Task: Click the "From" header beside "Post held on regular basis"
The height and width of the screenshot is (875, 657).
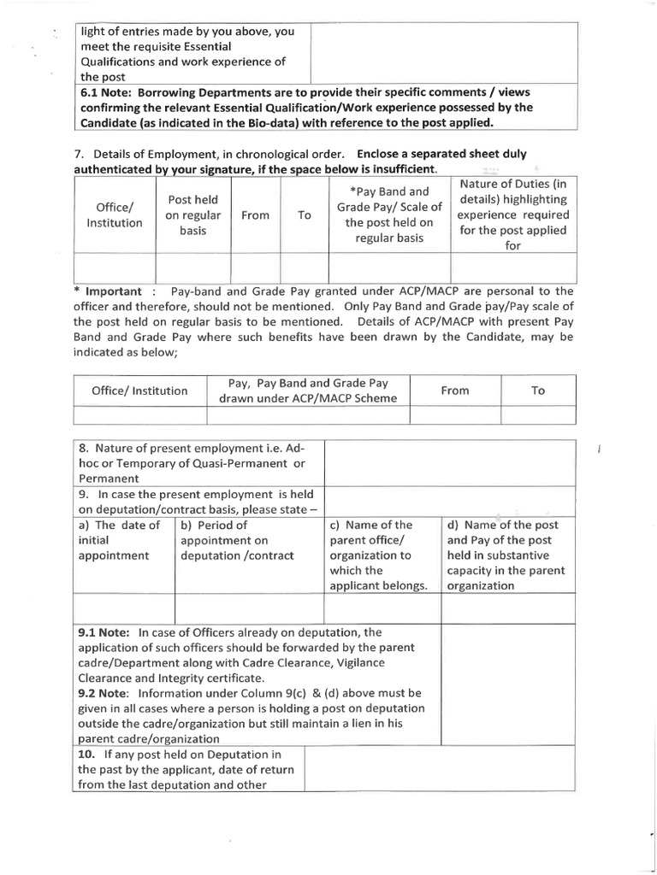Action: [x=255, y=216]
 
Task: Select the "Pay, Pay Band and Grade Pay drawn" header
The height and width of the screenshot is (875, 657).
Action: [x=308, y=391]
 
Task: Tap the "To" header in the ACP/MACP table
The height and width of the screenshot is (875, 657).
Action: [x=538, y=391]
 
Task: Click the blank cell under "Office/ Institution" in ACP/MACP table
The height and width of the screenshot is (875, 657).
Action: [x=139, y=415]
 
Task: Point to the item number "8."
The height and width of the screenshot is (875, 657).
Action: [x=84, y=448]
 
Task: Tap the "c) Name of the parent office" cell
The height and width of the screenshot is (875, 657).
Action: [x=382, y=555]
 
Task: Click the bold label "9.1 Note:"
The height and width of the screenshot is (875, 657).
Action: [x=103, y=632]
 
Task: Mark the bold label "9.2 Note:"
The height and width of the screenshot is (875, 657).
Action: [x=103, y=692]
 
